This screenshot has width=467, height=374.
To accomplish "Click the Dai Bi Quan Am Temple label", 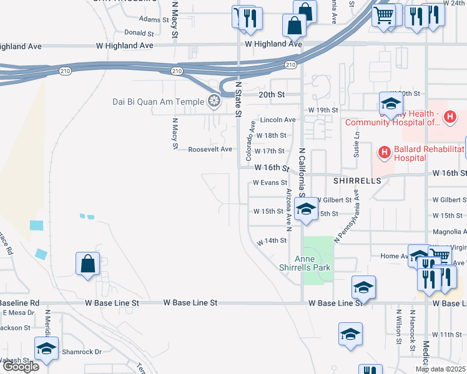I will (158, 102).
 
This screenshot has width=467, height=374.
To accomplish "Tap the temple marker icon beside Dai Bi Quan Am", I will (214, 101).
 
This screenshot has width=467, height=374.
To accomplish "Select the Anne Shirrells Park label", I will (313, 262).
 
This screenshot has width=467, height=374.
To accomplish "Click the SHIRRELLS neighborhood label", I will (356, 180).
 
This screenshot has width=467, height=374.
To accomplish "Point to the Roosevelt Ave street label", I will (210, 150).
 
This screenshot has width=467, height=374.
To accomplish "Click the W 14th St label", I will (271, 241).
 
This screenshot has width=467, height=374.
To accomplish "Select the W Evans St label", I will (269, 183).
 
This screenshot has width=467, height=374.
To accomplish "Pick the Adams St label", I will (150, 19).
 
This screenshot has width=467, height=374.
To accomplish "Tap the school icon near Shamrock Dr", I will (46, 348).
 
